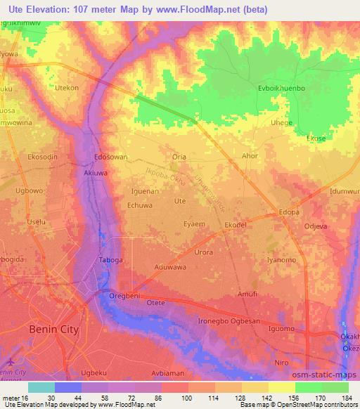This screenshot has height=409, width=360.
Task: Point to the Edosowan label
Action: tap(110, 157)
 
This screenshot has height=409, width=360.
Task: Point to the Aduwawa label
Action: tap(170, 268)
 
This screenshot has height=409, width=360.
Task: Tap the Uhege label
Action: tap(282, 122)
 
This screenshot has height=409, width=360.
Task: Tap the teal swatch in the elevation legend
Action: tap(41, 387)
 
